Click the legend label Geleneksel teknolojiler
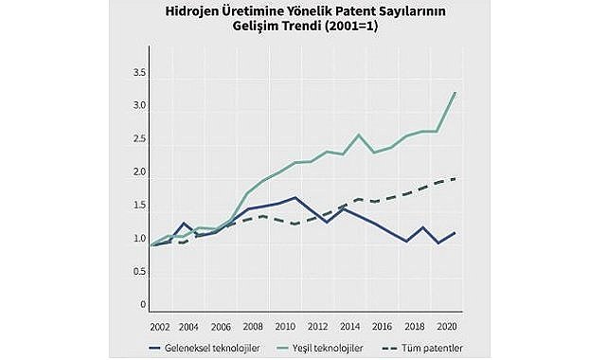(x=209, y=348)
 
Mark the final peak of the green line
(x=455, y=93)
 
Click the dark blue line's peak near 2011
(x=295, y=197)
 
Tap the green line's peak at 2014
(x=358, y=135)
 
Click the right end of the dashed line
(x=455, y=178)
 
